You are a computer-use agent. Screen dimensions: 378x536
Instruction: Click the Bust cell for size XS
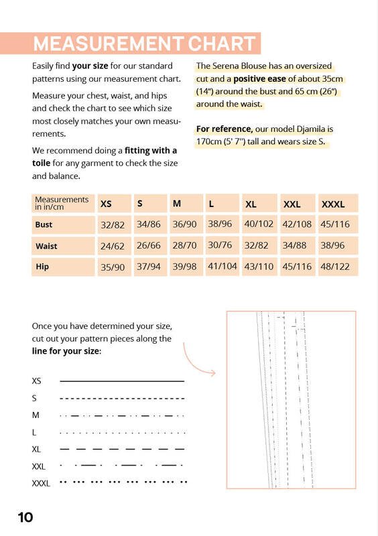pyautogui.click(x=113, y=225)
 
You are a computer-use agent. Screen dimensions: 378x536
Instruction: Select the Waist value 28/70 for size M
pyautogui.click(x=184, y=245)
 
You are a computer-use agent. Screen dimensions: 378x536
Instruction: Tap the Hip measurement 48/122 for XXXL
pyautogui.click(x=335, y=266)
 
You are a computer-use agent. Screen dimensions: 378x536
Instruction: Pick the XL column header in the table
pyautogui.click(x=251, y=204)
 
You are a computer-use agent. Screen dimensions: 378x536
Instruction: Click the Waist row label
pyautogui.click(x=46, y=246)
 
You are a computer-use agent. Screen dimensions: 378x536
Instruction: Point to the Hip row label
pyautogui.click(x=42, y=266)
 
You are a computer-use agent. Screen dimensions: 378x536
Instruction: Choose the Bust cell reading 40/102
pyautogui.click(x=259, y=224)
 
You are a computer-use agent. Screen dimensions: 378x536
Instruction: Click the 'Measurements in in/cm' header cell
pyautogui.click(x=62, y=203)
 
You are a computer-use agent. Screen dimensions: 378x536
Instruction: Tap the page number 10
pyautogui.click(x=25, y=517)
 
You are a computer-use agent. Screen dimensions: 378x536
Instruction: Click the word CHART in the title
pyautogui.click(x=222, y=44)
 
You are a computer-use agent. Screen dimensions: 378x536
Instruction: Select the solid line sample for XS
pyautogui.click(x=122, y=381)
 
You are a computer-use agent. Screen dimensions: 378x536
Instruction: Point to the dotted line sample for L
pyautogui.click(x=123, y=433)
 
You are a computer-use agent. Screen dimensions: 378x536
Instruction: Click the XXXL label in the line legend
pyautogui.click(x=41, y=483)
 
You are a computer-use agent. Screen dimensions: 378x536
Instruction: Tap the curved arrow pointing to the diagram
pyautogui.click(x=193, y=364)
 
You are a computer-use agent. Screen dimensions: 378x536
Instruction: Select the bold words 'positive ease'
pyautogui.click(x=259, y=79)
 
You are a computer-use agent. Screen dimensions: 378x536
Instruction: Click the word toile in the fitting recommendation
pyautogui.click(x=41, y=163)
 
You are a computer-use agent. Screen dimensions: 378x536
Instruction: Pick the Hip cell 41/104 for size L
pyautogui.click(x=223, y=266)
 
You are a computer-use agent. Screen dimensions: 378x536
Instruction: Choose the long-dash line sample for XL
pyautogui.click(x=122, y=449)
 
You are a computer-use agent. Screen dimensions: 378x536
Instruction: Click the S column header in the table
pyautogui.click(x=139, y=204)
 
